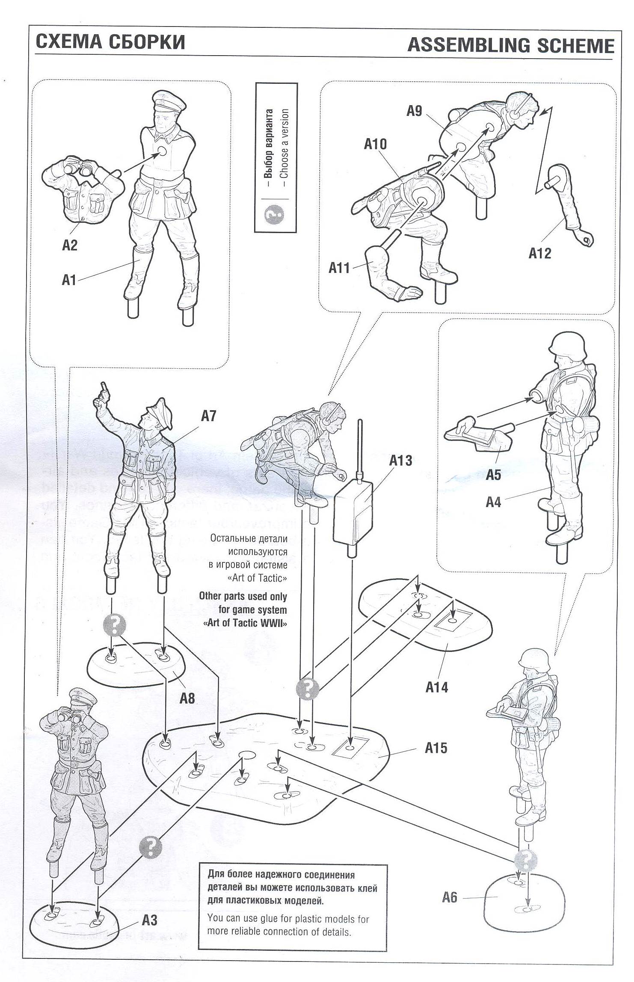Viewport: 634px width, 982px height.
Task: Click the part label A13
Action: tap(400, 461)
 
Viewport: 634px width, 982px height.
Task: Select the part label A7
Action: tap(209, 416)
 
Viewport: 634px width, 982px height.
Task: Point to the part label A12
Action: tap(540, 253)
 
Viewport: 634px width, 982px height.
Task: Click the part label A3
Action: tap(150, 920)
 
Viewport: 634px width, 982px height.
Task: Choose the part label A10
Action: tap(375, 144)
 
